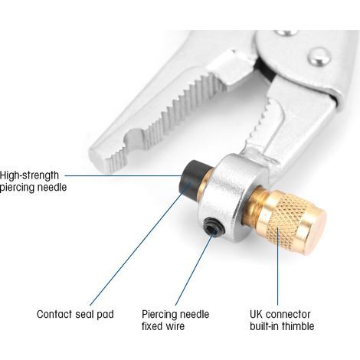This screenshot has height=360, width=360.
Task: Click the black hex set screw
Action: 214,227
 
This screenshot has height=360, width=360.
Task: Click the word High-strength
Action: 29,175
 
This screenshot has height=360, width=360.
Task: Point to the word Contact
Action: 54,314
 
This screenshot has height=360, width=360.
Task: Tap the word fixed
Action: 152,326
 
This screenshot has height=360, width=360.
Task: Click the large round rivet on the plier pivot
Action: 319,57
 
